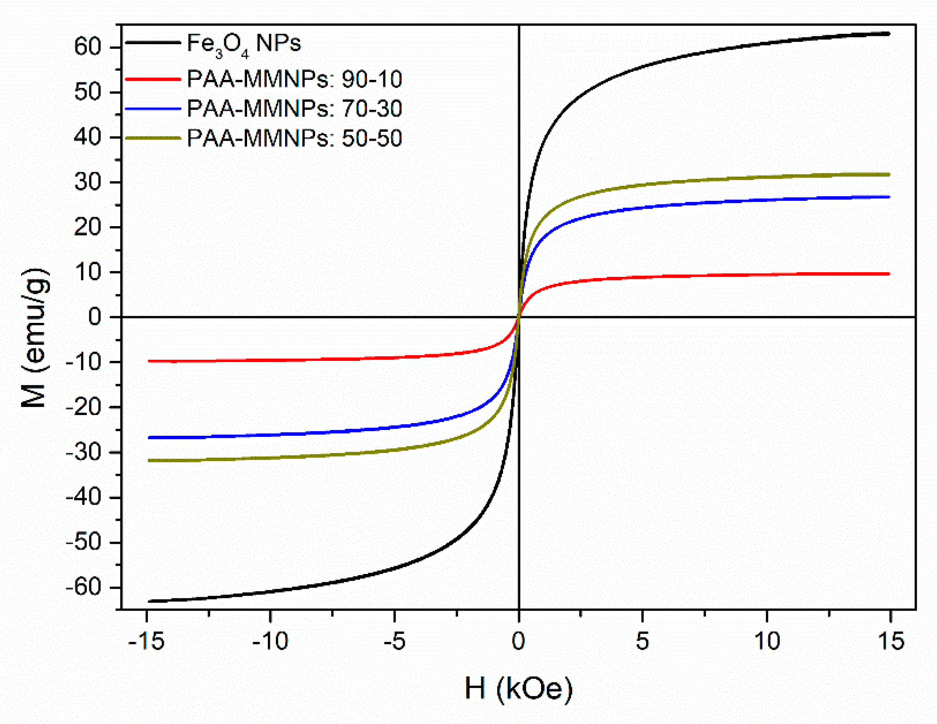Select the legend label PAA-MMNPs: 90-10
(294, 79)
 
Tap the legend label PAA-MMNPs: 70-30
(294, 109)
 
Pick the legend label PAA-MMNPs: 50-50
(294, 139)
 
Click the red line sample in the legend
(153, 79)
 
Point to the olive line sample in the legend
(153, 138)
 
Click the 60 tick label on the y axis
(88, 46)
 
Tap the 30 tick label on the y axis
(88, 182)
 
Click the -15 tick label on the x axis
(146, 642)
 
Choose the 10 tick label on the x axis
(767, 642)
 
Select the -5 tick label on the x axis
(394, 642)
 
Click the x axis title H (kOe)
(518, 689)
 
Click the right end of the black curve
(889, 33)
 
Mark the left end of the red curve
(149, 361)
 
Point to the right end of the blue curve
(889, 197)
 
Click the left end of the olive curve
(149, 460)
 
